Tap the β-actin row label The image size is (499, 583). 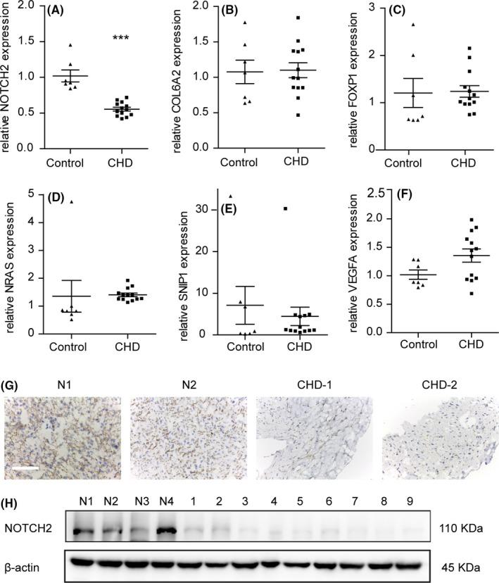25,565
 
